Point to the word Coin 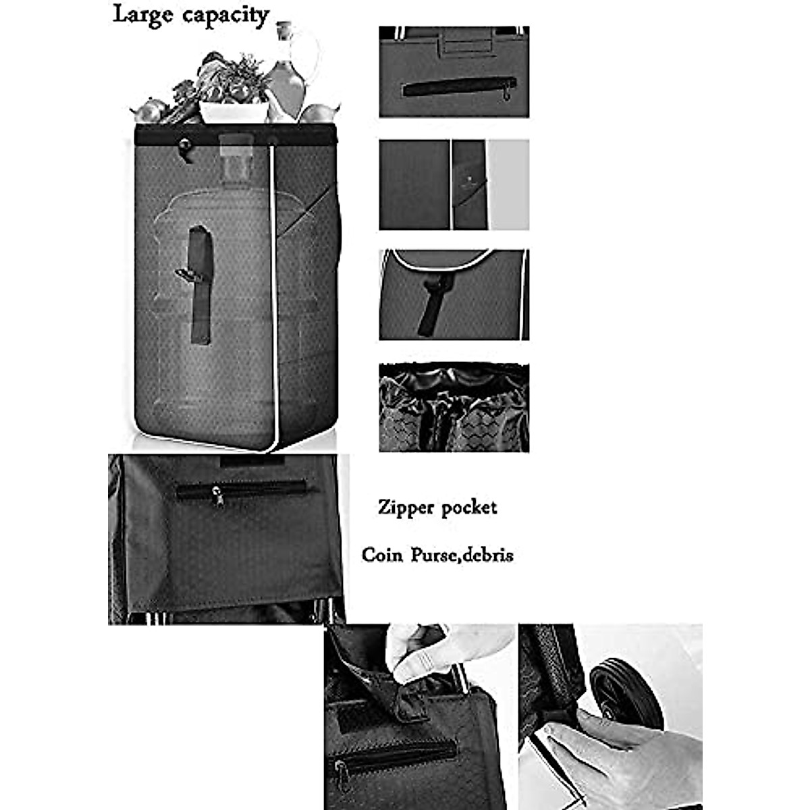pyautogui.click(x=382, y=555)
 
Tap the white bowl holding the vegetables pyautogui.click(x=234, y=111)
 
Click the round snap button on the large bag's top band pyautogui.click(x=183, y=144)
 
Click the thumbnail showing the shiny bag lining pyautogui.click(x=454, y=408)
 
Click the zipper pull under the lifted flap pyautogui.click(x=342, y=769)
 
